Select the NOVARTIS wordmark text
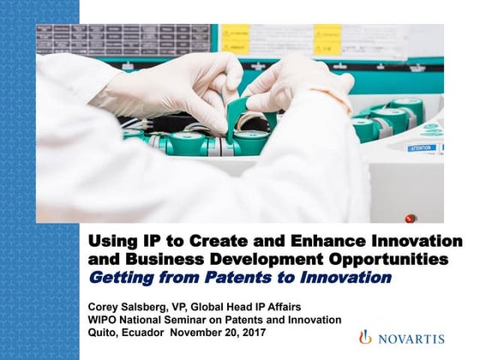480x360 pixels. point(410,338)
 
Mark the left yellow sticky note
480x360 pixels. point(235,39)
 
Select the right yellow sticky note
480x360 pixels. point(327,39)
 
